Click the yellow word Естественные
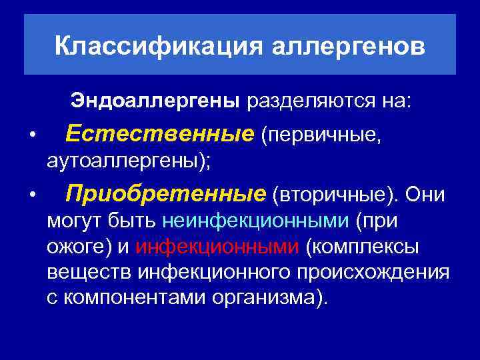coord(160,135)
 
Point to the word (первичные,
coord(321,135)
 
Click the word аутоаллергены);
coord(128,161)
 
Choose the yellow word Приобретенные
coord(166,194)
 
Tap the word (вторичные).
coord(334,195)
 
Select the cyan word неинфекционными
coord(255,221)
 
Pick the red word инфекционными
coord(217,247)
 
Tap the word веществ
coord(89,272)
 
